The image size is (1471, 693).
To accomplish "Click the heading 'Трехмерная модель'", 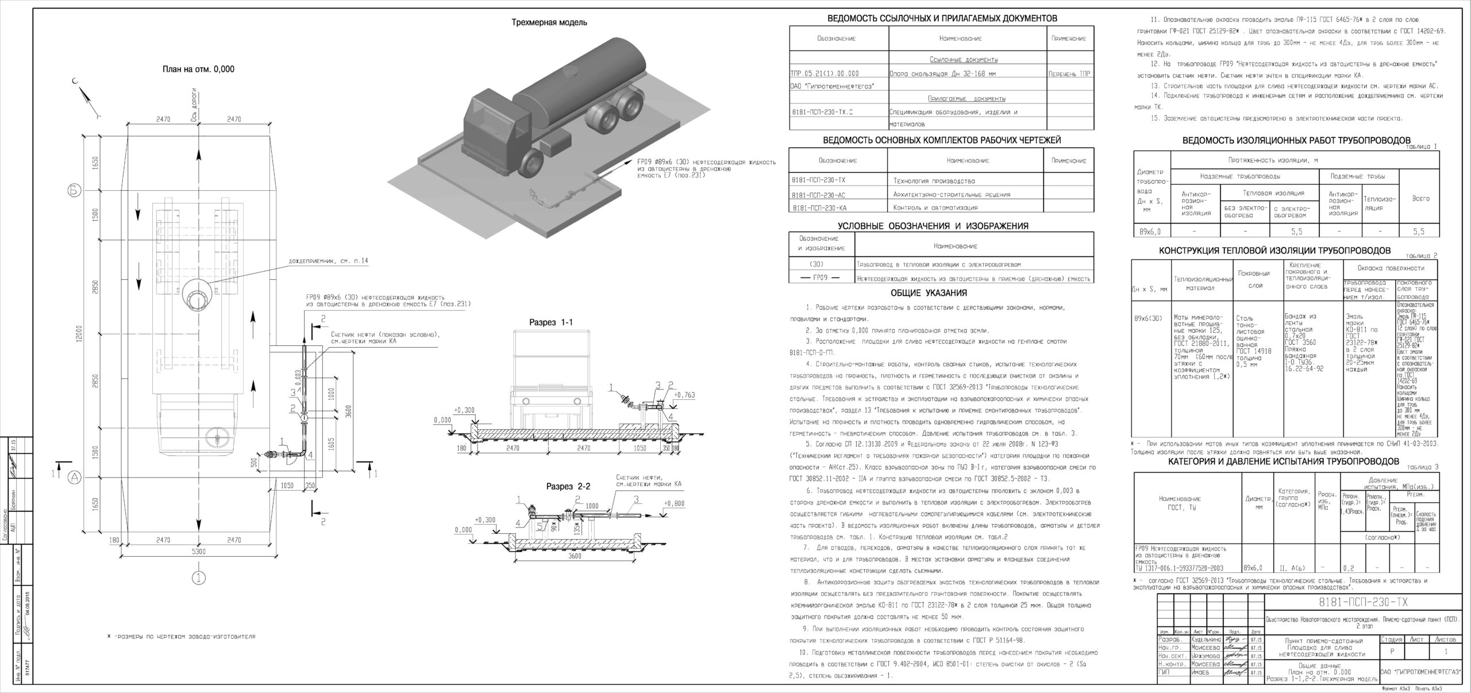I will (549, 22).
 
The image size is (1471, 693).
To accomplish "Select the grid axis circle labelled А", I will (75, 476).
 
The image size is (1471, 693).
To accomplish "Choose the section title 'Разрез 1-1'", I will (551, 323).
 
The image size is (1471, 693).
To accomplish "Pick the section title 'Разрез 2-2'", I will (568, 486).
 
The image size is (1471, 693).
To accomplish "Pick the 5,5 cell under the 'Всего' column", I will (1419, 232).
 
